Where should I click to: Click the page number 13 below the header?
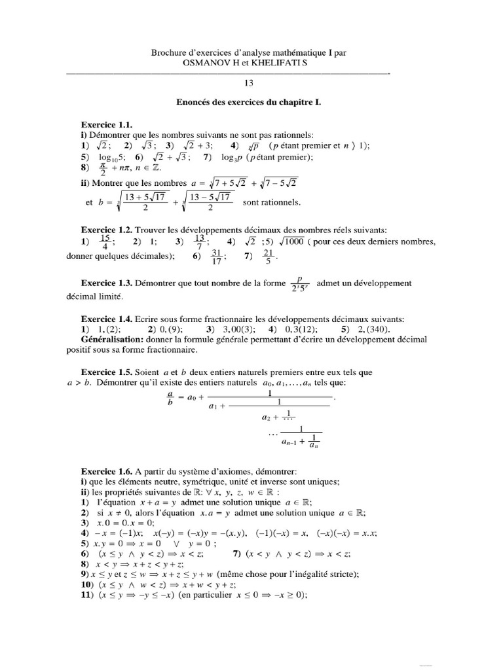[248, 82]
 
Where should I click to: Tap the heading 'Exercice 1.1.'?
[106, 124]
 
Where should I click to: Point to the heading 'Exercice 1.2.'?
[107, 230]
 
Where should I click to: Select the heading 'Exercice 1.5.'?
[107, 372]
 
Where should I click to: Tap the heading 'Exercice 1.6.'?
[107, 471]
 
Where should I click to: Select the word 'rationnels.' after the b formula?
[271, 202]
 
